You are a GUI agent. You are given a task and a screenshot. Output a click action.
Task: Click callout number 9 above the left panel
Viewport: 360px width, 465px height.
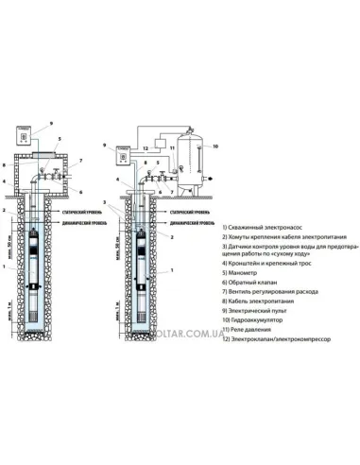tap(53, 124)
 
